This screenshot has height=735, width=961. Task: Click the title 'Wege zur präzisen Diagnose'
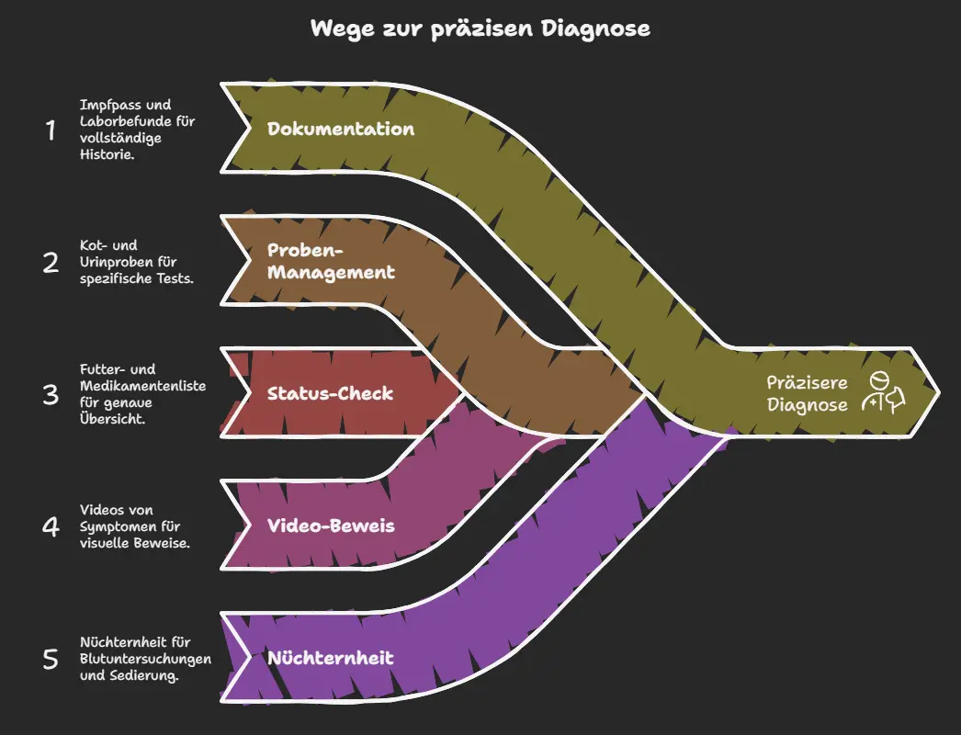[x=480, y=28]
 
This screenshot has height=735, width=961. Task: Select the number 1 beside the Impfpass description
[x=51, y=130]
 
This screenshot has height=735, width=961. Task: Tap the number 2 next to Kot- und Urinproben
[x=51, y=263]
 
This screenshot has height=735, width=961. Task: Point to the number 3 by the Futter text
[x=51, y=395]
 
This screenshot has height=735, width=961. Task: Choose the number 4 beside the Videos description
[x=51, y=527]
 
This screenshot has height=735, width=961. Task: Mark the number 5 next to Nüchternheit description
[x=51, y=660]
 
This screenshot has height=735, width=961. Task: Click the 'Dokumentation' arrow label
[x=341, y=129]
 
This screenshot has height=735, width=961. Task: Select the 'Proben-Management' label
[x=331, y=261]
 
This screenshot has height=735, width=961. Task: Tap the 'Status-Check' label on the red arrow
[x=330, y=394]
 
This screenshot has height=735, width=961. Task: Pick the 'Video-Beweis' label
[x=330, y=526]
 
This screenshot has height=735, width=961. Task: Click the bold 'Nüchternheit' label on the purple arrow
[x=330, y=658]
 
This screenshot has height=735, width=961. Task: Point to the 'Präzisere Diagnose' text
[x=808, y=393]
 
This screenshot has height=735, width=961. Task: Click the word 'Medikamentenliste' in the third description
[x=142, y=386]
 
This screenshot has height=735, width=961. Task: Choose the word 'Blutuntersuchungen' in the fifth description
[x=146, y=659]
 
